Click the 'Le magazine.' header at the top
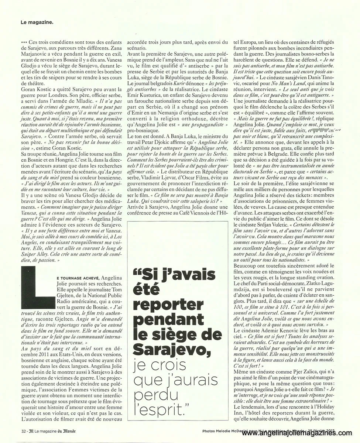[x=37, y=21]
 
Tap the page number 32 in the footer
[x=23, y=431]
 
